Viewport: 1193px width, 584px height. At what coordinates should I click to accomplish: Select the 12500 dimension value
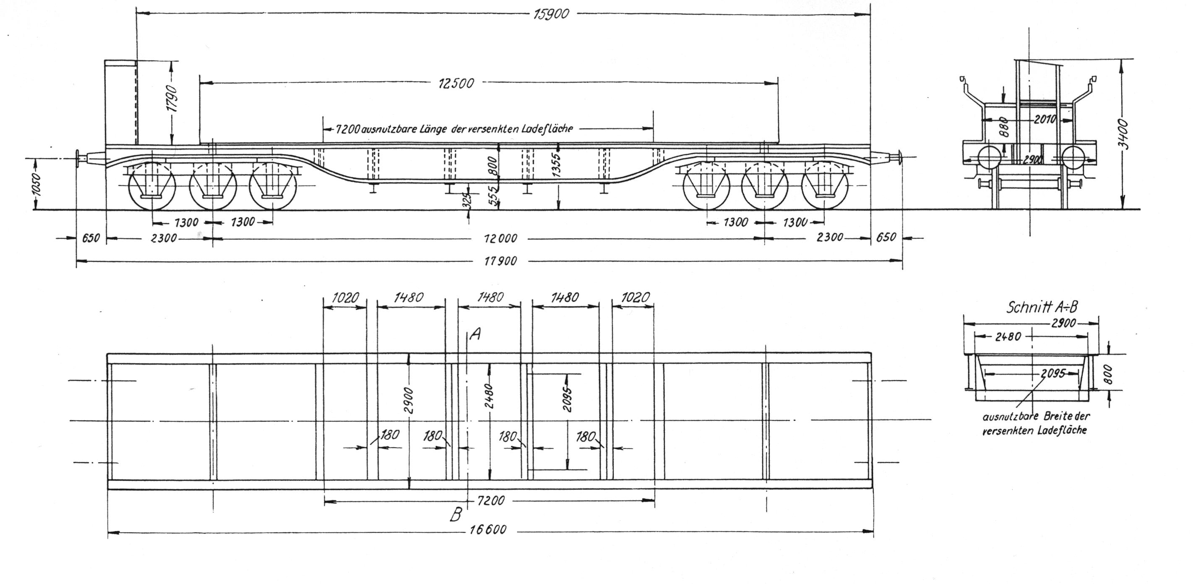coord(456,83)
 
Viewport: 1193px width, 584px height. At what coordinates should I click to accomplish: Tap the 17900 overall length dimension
coord(500,262)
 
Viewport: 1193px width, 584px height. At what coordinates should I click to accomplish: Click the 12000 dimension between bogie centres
coord(500,239)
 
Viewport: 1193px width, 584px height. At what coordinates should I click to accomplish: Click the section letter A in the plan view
coord(475,334)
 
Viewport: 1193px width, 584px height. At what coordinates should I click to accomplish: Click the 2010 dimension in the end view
coord(1045,120)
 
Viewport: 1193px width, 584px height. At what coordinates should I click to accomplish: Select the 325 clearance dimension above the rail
coord(467,200)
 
